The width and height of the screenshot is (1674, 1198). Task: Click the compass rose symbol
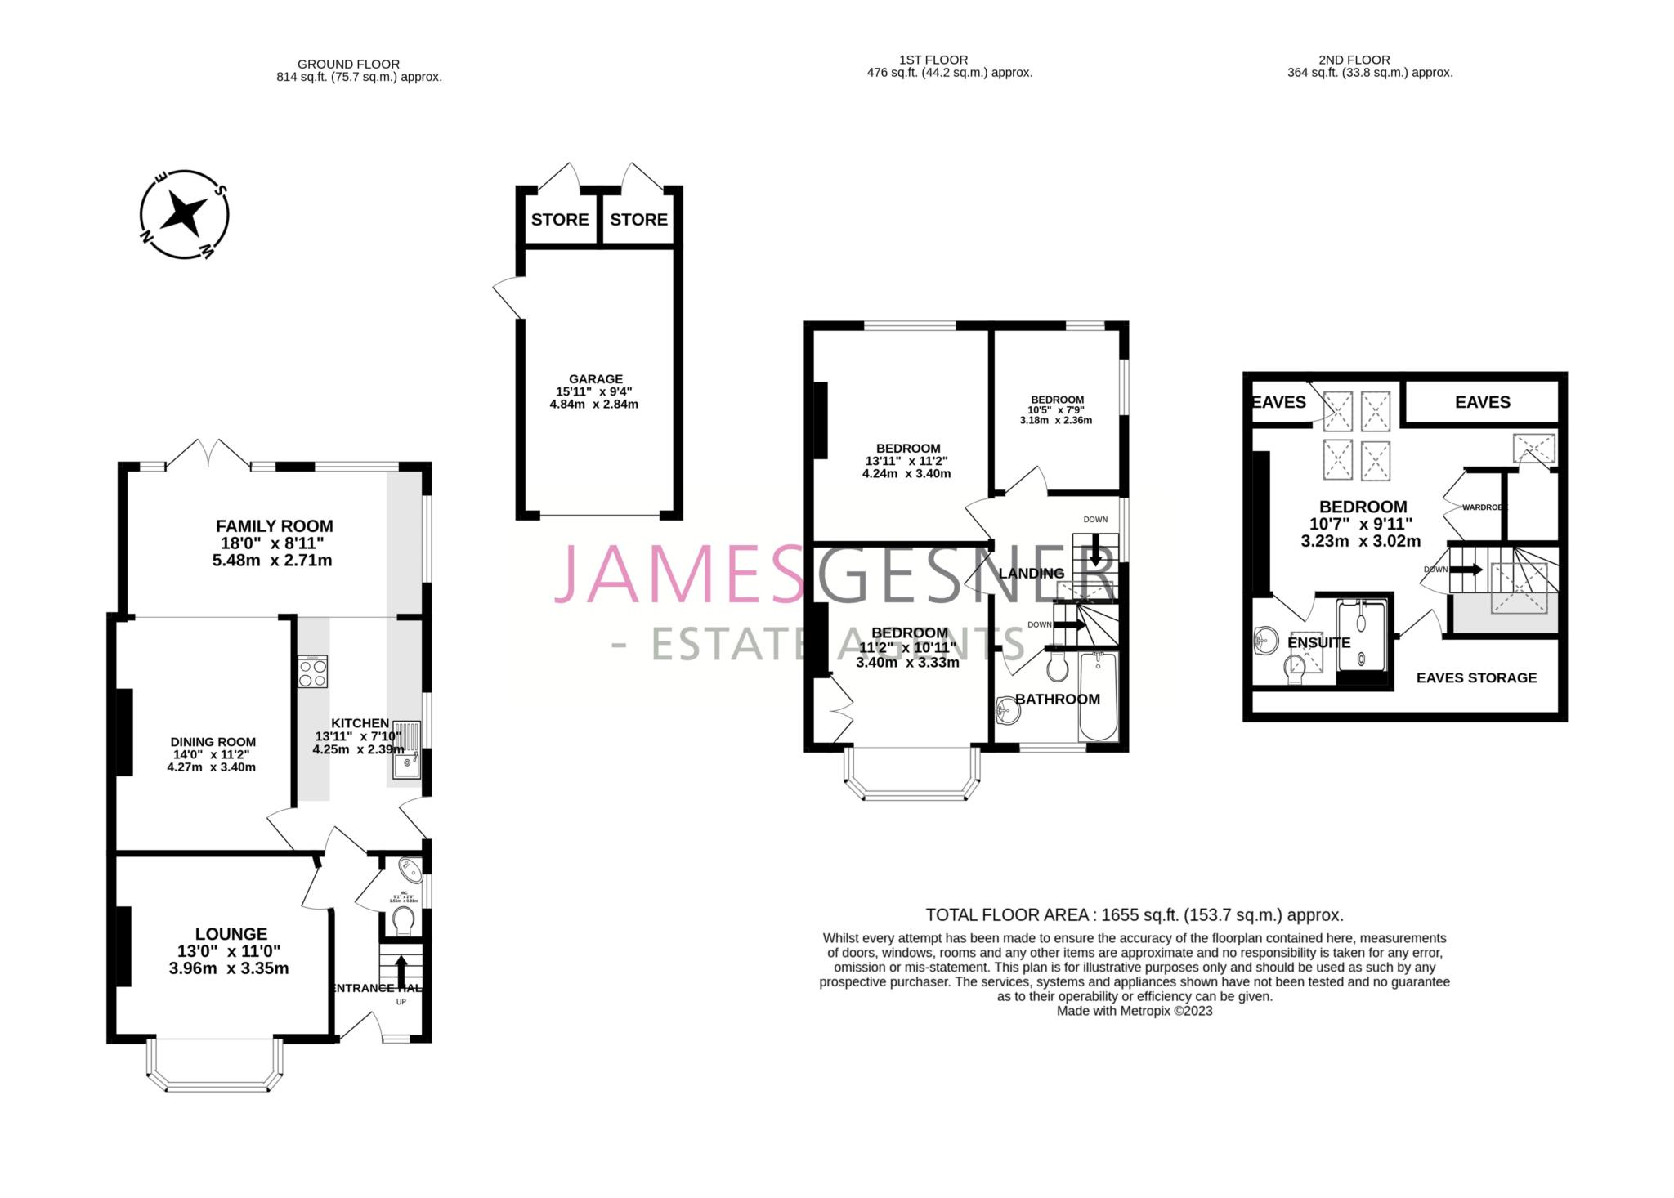[184, 215]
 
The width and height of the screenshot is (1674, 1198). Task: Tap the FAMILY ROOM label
[274, 526]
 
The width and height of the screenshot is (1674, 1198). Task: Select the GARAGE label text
[595, 379]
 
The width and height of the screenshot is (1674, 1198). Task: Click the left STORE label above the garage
[560, 220]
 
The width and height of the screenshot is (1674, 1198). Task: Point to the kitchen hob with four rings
[312, 672]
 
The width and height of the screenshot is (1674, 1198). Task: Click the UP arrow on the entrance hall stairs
[401, 972]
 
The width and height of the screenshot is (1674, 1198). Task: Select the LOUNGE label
[231, 934]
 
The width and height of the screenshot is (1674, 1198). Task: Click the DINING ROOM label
[213, 742]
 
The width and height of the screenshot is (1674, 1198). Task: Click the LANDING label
[1032, 574]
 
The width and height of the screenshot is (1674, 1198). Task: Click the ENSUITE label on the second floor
[1318, 643]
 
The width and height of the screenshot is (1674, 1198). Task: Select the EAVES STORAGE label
[1476, 677]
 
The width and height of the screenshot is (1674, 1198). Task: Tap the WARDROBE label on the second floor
[1482, 507]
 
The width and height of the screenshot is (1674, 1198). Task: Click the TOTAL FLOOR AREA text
[1134, 914]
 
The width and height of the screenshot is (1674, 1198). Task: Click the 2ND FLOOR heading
[1354, 60]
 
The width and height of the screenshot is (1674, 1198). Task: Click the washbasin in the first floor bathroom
[1009, 710]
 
